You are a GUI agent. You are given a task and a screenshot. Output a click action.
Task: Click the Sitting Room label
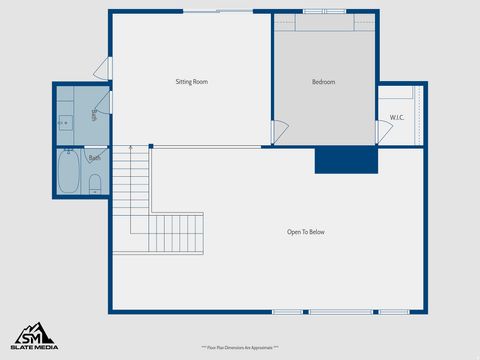[x=191, y=82]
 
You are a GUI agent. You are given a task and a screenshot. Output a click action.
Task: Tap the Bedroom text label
[x=323, y=82]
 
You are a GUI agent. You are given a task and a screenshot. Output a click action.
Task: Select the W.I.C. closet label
[x=397, y=119]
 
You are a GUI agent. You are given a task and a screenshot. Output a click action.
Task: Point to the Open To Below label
[x=305, y=232]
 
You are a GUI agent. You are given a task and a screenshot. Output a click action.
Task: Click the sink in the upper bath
[x=65, y=123]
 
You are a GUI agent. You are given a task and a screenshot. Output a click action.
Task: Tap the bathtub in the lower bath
[x=69, y=172]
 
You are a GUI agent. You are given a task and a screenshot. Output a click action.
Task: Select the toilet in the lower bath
[x=95, y=183]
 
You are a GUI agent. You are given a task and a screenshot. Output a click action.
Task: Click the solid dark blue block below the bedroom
[x=346, y=160]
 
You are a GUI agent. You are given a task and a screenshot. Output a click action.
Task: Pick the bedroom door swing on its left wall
[x=280, y=131]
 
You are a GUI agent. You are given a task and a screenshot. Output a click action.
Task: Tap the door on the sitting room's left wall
[x=101, y=67]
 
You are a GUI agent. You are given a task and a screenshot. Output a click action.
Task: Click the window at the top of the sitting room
[x=217, y=12]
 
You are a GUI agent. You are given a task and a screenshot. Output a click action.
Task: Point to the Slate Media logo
[x=34, y=336]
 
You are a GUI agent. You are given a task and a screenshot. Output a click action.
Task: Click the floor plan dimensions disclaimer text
[x=240, y=347]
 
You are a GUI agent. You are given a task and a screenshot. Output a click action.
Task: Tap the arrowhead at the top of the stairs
[x=128, y=148]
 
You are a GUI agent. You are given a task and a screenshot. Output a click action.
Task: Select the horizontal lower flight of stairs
[x=177, y=233]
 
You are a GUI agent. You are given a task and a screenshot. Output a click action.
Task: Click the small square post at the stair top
[x=150, y=147]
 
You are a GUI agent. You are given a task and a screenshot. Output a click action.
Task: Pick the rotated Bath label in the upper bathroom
[x=94, y=115]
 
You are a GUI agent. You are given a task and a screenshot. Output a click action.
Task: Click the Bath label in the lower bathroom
[x=94, y=158]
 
